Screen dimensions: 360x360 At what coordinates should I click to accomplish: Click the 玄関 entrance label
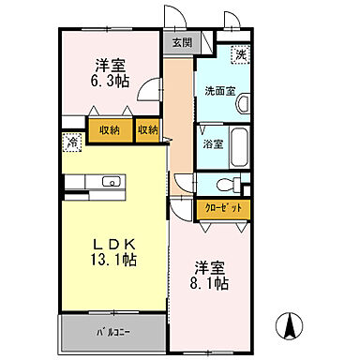(181, 42)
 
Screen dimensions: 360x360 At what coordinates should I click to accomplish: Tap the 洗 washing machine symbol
(241, 55)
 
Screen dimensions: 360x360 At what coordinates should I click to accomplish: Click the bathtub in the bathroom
(238, 144)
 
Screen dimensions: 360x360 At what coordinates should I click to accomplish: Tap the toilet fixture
(222, 184)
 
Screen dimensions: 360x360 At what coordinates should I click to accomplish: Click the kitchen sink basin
(105, 181)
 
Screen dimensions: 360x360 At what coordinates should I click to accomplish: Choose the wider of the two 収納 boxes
(111, 129)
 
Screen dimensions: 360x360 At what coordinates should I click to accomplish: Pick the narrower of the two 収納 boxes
(147, 129)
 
